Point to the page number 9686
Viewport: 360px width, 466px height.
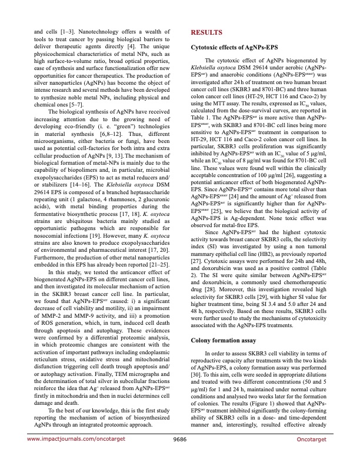pyautogui.click(x=179, y=455)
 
